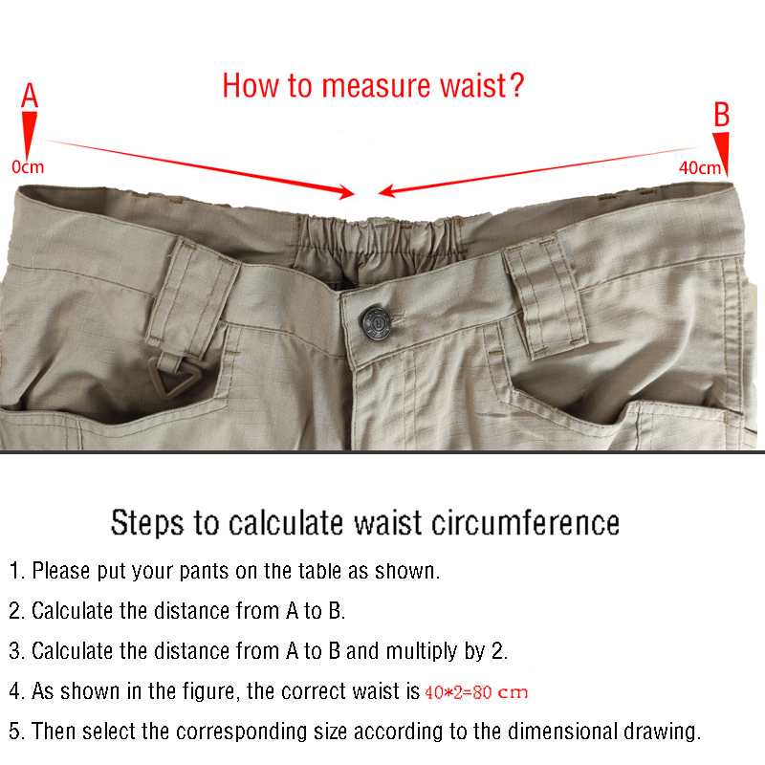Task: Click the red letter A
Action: point(30,95)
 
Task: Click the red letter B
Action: point(722,114)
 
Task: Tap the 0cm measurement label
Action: point(28,167)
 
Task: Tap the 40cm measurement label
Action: point(700,168)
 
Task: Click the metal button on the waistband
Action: point(377,322)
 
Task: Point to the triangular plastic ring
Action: point(174,376)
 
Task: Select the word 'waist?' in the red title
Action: point(482,86)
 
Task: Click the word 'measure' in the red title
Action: point(376,86)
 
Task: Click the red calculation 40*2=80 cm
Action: point(476,691)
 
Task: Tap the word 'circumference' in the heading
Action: point(525,523)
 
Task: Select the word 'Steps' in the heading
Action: point(147,524)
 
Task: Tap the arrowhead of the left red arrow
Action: point(347,192)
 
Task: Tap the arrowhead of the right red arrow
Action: point(386,190)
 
